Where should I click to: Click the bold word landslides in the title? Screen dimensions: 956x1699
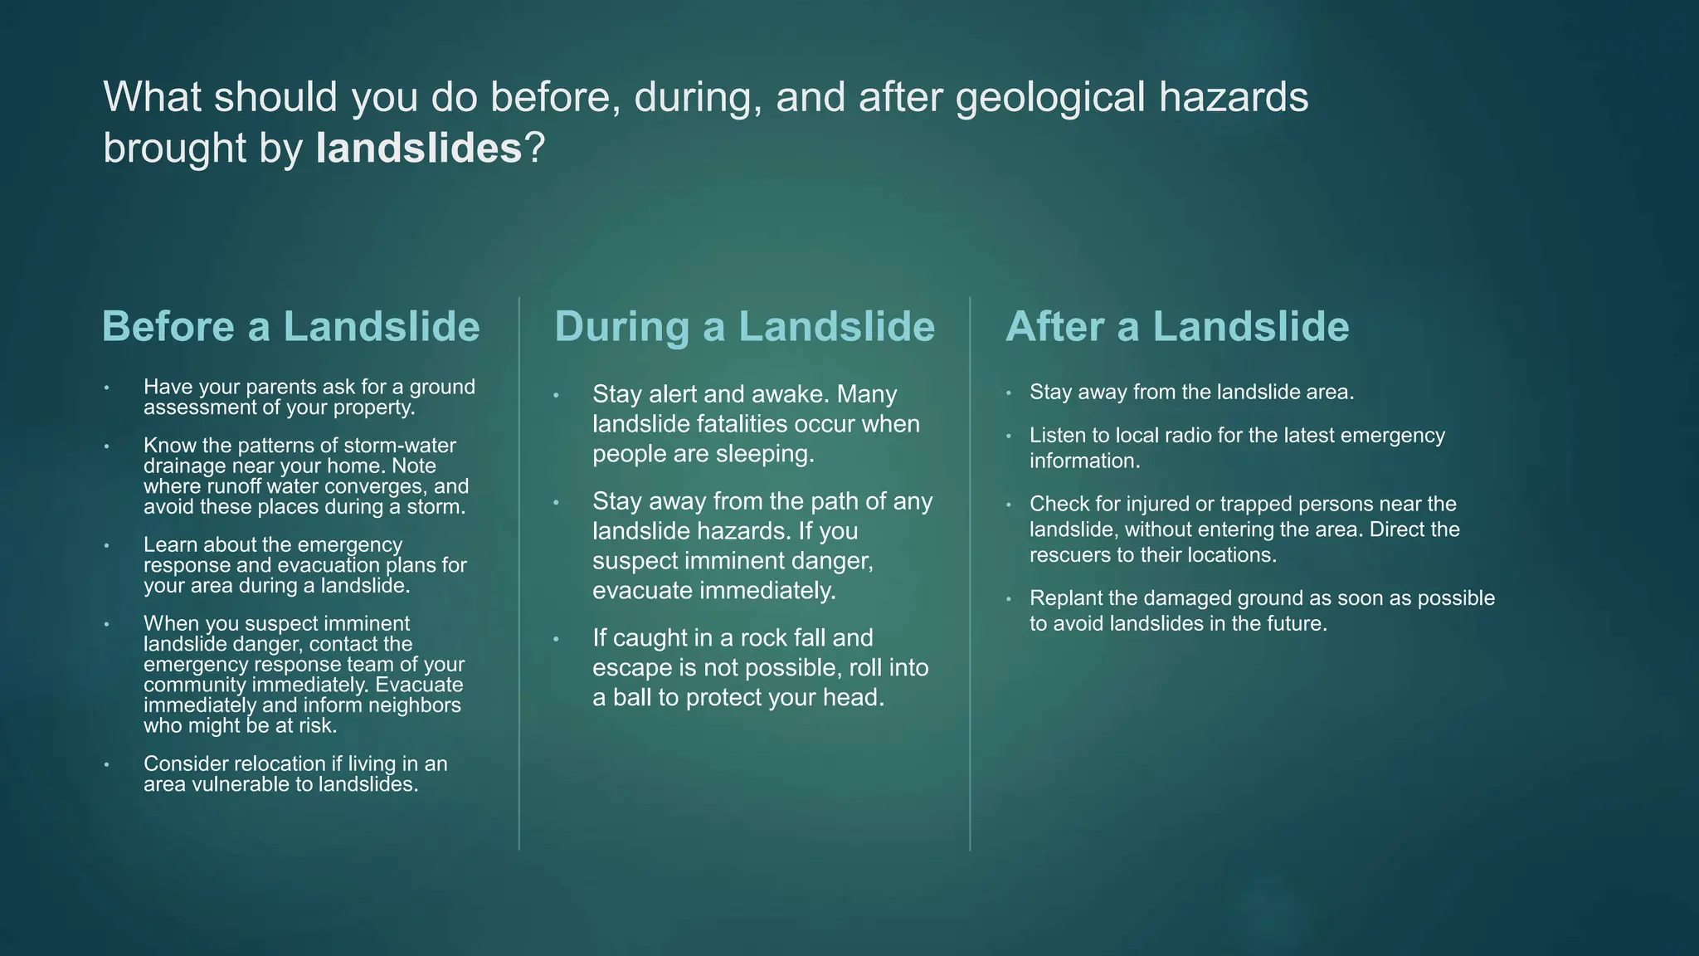point(418,149)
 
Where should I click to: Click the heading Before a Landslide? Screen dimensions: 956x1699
point(290,326)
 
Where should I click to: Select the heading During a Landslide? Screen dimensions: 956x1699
point(744,326)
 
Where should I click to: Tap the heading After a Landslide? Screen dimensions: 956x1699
point(1177,326)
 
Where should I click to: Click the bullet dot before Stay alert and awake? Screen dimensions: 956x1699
point(556,395)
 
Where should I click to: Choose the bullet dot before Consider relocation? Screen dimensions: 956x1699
point(107,764)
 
